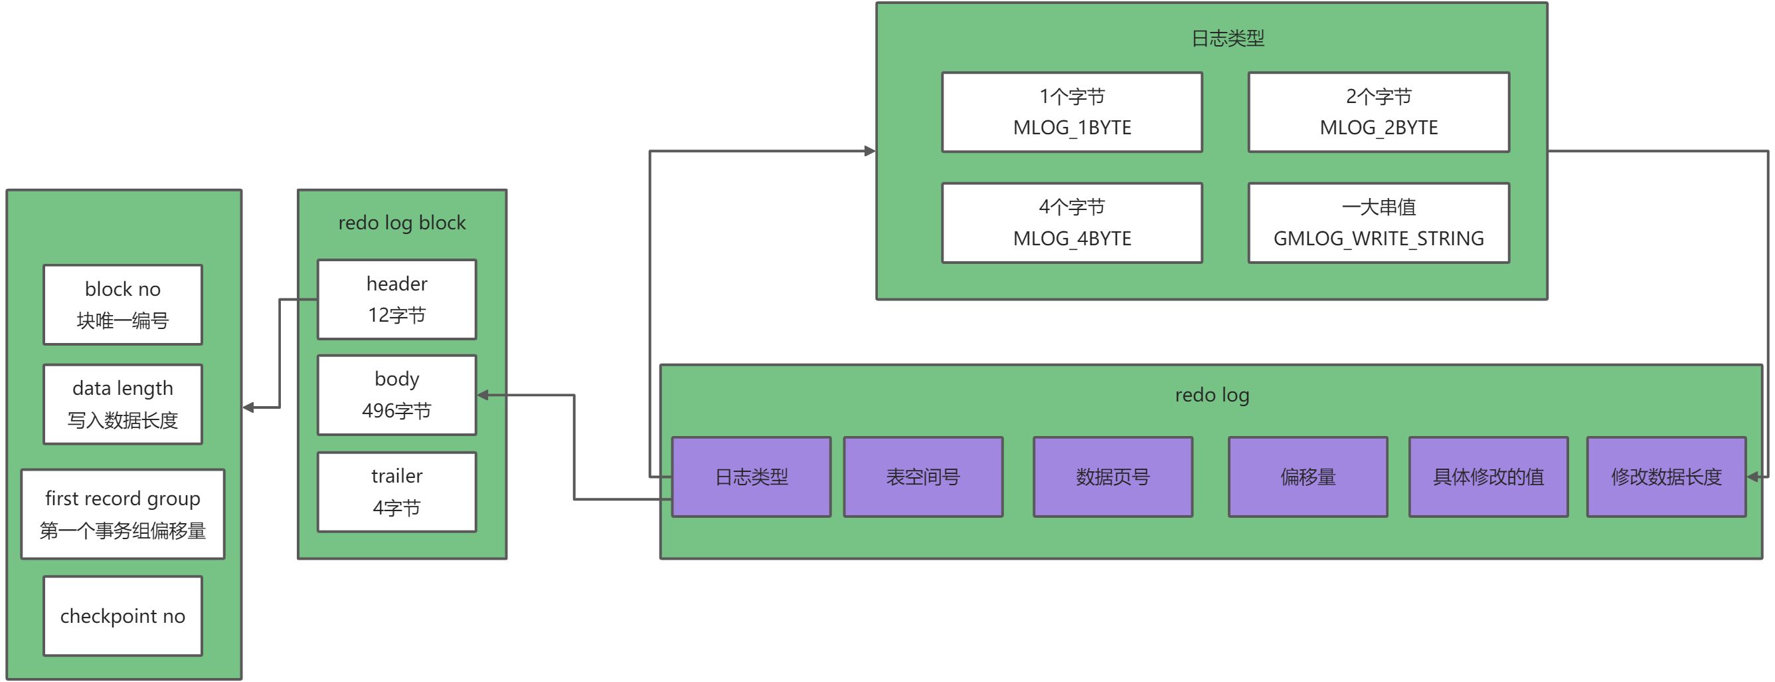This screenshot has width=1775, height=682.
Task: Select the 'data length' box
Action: pyautogui.click(x=123, y=404)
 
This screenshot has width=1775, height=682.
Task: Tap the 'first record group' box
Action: pyautogui.click(x=123, y=514)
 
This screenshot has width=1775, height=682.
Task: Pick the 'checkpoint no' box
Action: pyautogui.click(x=123, y=616)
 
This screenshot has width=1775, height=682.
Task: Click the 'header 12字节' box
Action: pyautogui.click(x=397, y=299)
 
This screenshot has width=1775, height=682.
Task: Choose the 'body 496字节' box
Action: pyautogui.click(x=397, y=395)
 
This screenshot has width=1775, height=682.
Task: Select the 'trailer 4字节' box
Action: pyautogui.click(x=397, y=492)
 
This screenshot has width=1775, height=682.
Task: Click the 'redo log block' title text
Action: pyautogui.click(x=402, y=223)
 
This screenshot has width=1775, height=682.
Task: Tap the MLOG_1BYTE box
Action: pyautogui.click(x=1072, y=112)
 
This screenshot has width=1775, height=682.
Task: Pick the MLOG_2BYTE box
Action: pyautogui.click(x=1379, y=112)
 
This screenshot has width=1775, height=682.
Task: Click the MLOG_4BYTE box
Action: pyautogui.click(x=1072, y=223)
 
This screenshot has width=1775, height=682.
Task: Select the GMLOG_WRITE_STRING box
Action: pyautogui.click(x=1379, y=223)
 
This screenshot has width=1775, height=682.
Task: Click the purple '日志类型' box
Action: pyautogui.click(x=751, y=477)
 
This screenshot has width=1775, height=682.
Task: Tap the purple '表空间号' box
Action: pyautogui.click(x=923, y=477)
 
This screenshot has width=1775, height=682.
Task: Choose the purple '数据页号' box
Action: pyautogui.click(x=1113, y=477)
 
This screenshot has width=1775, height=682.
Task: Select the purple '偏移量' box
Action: pyautogui.click(x=1308, y=477)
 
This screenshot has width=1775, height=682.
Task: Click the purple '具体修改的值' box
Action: pyautogui.click(x=1488, y=477)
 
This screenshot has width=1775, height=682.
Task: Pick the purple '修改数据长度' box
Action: pyautogui.click(x=1666, y=477)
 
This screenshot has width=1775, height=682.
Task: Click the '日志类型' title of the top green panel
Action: pyautogui.click(x=1228, y=38)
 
